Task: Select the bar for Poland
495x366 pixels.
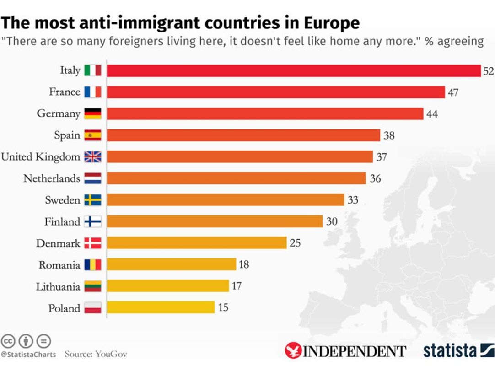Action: coord(161,307)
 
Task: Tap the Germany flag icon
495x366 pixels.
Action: coord(93,113)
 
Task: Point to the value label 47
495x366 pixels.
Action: coord(453,92)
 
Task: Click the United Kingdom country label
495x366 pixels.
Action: coord(40,157)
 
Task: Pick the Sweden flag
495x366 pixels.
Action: coord(93,200)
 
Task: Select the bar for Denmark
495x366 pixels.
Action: coord(197,242)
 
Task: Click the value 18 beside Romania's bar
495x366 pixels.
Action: coord(243,264)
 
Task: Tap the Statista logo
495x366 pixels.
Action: coord(458,350)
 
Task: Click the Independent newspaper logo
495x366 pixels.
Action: coord(345,351)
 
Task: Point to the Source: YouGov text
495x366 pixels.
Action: coord(96,354)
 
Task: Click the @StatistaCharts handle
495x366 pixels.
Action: coord(28,355)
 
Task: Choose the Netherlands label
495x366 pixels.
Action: coord(52,178)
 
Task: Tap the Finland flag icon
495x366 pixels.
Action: coord(93,221)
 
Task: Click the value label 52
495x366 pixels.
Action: coord(488,71)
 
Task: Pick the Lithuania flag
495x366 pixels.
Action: coord(93,286)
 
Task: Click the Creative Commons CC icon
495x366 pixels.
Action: coord(8,341)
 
